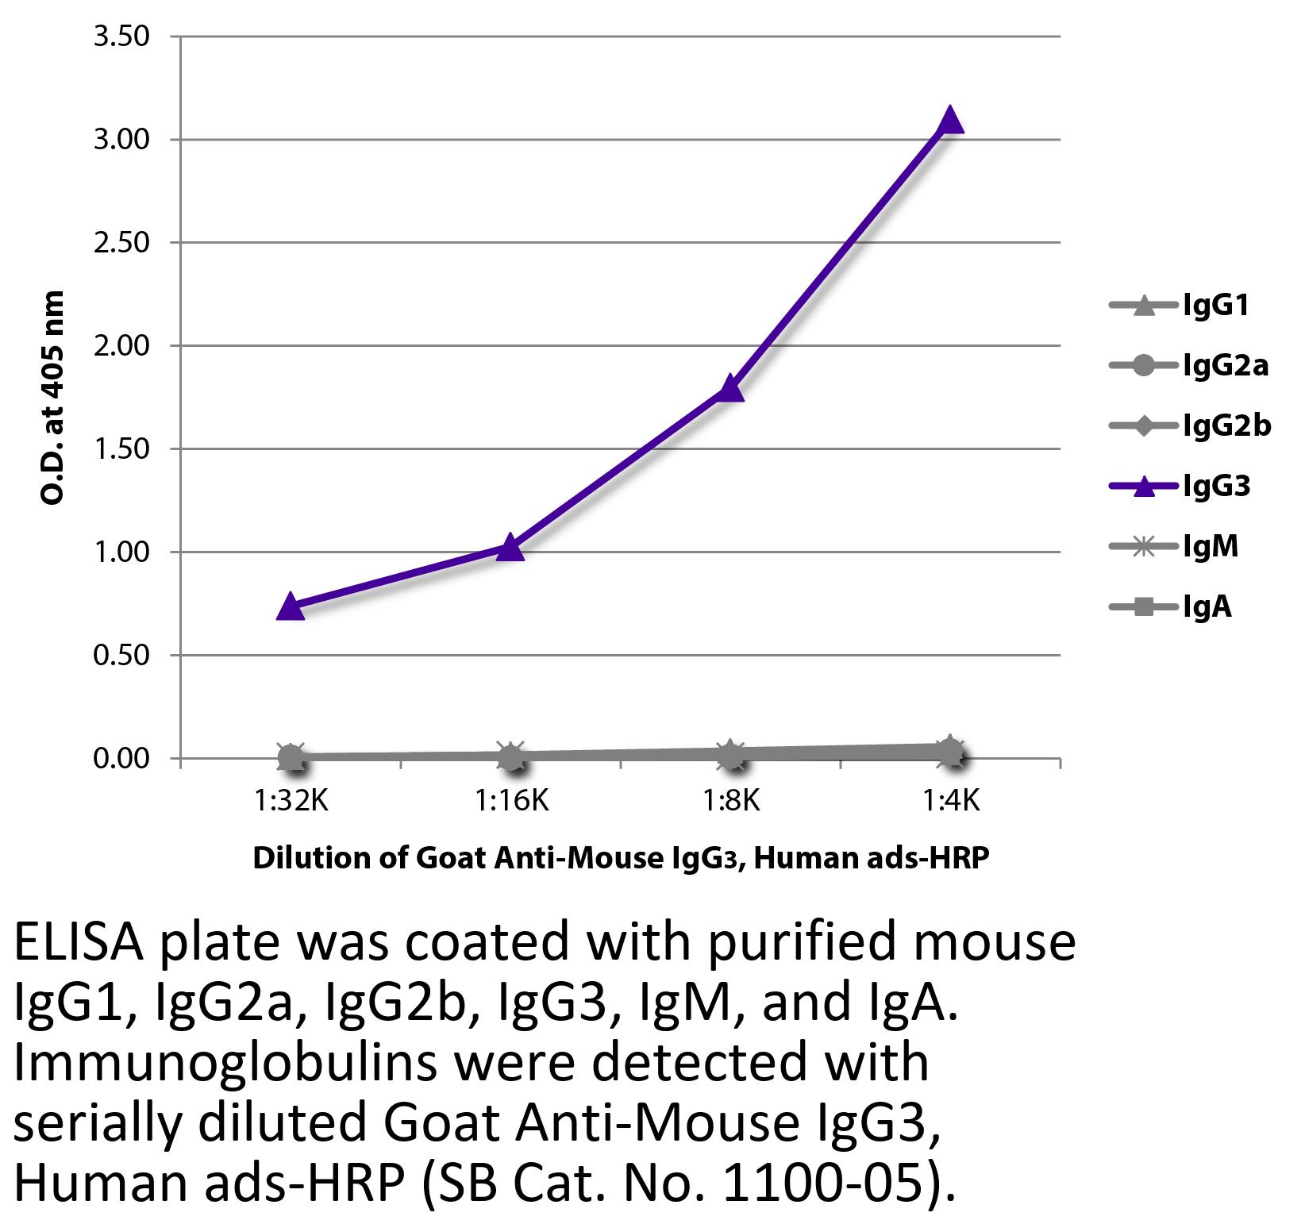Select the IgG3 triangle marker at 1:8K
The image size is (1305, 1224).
(x=730, y=389)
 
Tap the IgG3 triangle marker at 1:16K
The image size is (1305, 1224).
(x=510, y=547)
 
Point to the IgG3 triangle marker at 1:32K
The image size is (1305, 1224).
(x=291, y=606)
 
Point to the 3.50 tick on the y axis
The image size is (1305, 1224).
(x=121, y=37)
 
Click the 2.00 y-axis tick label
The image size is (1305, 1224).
(x=121, y=346)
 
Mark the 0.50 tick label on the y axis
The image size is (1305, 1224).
(x=121, y=656)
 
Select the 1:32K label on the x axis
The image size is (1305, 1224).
(x=291, y=801)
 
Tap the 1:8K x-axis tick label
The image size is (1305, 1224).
(x=730, y=801)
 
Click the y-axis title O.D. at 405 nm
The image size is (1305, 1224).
(x=52, y=398)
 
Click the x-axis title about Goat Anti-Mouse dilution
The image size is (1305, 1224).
(x=621, y=859)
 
